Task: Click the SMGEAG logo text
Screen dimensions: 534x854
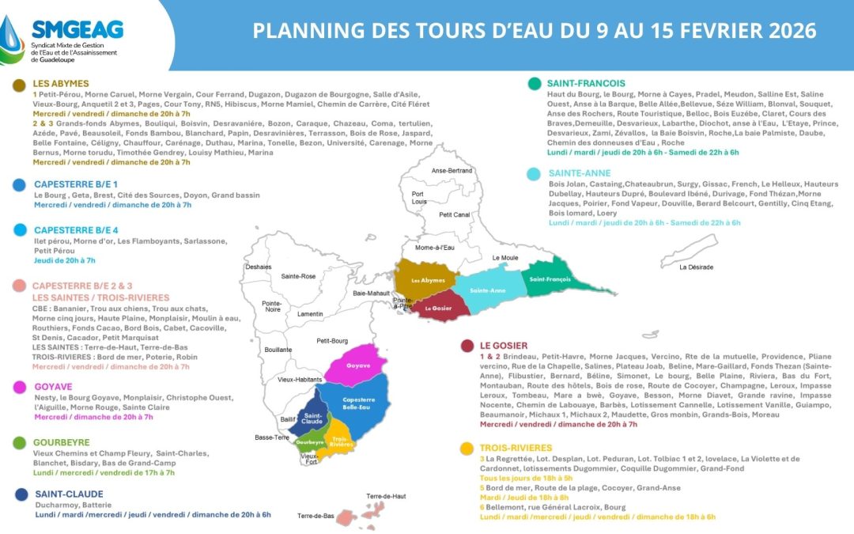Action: (77, 29)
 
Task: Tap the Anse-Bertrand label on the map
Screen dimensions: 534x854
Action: (452, 171)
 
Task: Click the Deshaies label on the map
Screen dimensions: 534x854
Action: (258, 267)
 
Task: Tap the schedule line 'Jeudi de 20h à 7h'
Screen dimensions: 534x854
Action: (64, 260)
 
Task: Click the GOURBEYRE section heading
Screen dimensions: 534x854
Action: (61, 442)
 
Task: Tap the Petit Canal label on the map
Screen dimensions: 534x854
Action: (455, 214)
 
